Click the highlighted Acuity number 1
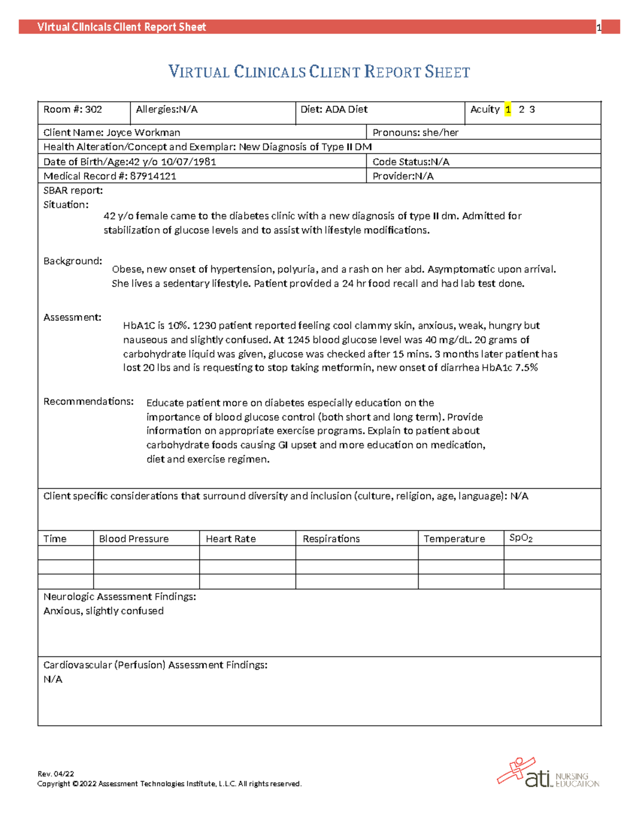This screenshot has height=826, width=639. click(x=508, y=110)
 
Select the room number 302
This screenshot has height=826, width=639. click(x=93, y=110)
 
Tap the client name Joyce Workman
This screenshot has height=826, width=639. click(x=143, y=132)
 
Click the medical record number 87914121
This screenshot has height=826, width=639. click(x=153, y=176)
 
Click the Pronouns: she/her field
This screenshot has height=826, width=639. click(x=415, y=132)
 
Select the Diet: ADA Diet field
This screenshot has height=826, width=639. click(x=334, y=110)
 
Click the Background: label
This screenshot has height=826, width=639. click(x=72, y=261)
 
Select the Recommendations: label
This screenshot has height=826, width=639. click(x=88, y=402)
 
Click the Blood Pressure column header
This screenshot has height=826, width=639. click(x=134, y=539)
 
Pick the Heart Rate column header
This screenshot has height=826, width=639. click(x=231, y=539)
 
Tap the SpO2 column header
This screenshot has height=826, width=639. click(x=521, y=538)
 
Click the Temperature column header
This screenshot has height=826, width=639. click(x=454, y=539)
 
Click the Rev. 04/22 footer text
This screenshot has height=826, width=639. click(x=55, y=774)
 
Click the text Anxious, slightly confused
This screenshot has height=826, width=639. click(x=103, y=611)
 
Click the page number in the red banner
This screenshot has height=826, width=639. click(x=599, y=28)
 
